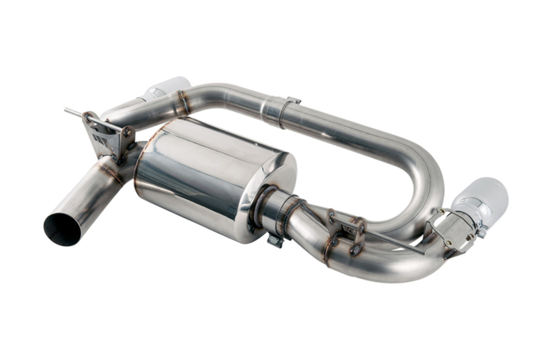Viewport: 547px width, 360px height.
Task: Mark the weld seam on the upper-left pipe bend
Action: point(183,102)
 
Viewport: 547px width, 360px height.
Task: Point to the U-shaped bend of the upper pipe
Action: point(417,169)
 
